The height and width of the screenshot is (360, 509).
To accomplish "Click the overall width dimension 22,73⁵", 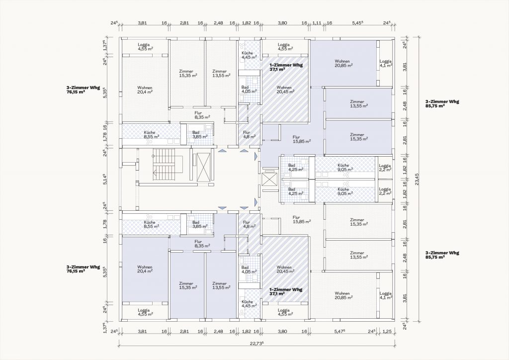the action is pyautogui.click(x=256, y=343).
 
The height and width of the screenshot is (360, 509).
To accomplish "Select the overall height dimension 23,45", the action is pyautogui.click(x=417, y=179).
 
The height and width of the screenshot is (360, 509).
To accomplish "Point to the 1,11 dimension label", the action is pyautogui.click(x=317, y=23).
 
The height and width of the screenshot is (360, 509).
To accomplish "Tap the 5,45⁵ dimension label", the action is pyautogui.click(x=357, y=23).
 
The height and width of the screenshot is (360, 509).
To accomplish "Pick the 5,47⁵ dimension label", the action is pyautogui.click(x=339, y=331).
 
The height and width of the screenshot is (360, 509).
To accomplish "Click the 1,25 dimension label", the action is pyautogui.click(x=387, y=331).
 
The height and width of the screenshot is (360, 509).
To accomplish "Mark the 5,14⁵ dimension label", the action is pyautogui.click(x=105, y=179).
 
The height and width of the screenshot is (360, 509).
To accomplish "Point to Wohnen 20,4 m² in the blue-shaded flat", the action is pyautogui.click(x=145, y=269).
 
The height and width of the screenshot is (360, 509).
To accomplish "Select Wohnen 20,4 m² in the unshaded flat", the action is pyautogui.click(x=145, y=90).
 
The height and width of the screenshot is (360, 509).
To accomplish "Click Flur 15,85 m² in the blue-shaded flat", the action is pyautogui.click(x=302, y=139).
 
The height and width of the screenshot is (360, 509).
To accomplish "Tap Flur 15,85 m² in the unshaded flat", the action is pyautogui.click(x=302, y=219).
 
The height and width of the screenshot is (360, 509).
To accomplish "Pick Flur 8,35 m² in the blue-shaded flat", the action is pyautogui.click(x=202, y=244).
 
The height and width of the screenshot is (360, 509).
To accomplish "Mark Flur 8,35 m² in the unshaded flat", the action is pyautogui.click(x=202, y=115).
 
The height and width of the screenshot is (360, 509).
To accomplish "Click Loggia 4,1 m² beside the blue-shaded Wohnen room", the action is pyautogui.click(x=386, y=63).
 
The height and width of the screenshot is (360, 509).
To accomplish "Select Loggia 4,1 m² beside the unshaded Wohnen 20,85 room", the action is pyautogui.click(x=386, y=295).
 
